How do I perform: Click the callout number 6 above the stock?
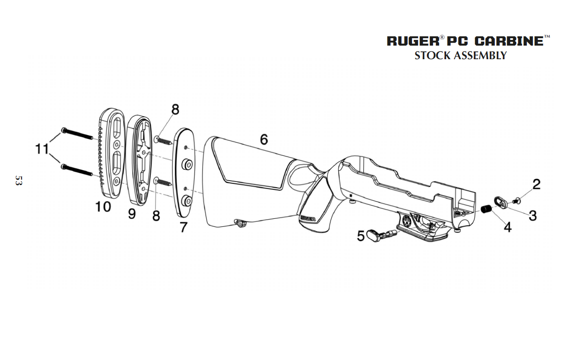(x=264, y=139)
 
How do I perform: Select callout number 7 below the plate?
(x=183, y=227)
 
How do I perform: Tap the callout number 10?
(x=103, y=207)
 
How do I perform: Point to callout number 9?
(x=132, y=214)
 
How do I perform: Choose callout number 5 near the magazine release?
(x=361, y=236)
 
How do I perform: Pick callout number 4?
(x=507, y=228)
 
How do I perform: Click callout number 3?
(x=532, y=215)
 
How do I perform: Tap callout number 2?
(x=536, y=184)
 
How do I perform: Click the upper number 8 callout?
(x=175, y=110)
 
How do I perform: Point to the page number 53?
(x=18, y=181)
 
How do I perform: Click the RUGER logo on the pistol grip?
(x=308, y=217)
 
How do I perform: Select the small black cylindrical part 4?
(x=486, y=209)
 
